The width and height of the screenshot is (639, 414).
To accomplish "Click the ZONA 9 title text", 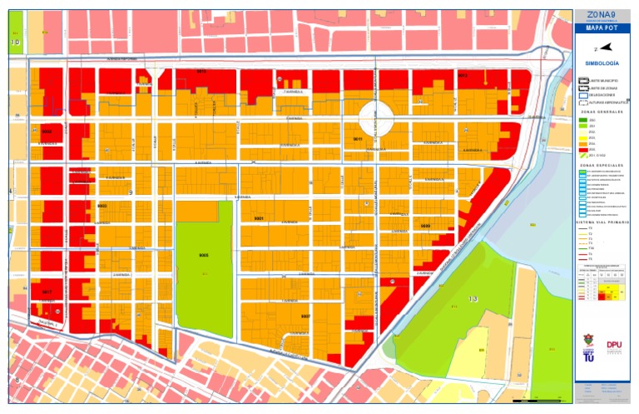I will [x=602, y=14].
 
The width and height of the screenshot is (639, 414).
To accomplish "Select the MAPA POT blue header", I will [x=602, y=27].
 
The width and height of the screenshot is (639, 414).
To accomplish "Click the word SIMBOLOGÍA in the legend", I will [x=602, y=63].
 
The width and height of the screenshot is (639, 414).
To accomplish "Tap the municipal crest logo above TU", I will [x=589, y=342].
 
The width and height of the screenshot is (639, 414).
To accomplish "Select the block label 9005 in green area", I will [x=202, y=253].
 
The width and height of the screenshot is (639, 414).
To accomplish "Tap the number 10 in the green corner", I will [x=15, y=41].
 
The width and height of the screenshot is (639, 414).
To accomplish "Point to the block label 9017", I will [x=47, y=292].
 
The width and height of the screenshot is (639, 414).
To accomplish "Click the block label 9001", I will [x=259, y=218].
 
